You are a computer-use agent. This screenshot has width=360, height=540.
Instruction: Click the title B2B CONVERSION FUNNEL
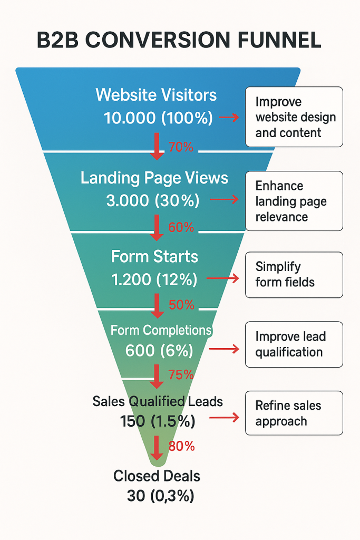click(179, 41)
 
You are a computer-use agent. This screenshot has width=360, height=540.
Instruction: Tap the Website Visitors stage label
click(156, 95)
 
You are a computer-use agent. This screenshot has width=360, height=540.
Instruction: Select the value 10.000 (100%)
click(158, 118)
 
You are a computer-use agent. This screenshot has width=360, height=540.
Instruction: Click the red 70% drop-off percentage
click(181, 148)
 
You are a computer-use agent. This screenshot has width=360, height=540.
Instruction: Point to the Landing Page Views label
click(154, 178)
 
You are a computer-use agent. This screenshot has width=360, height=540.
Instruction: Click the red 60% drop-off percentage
click(181, 228)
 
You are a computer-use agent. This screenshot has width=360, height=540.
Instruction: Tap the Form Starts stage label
click(154, 257)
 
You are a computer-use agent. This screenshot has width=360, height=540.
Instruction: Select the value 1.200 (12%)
click(154, 279)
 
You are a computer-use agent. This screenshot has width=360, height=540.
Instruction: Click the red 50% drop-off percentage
click(181, 305)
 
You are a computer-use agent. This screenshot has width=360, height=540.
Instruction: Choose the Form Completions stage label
click(161, 330)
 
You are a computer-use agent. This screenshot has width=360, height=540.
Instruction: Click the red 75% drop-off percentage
click(181, 375)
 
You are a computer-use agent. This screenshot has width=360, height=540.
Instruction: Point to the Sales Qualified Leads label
click(158, 401)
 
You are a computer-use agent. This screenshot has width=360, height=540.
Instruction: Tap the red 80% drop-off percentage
click(181, 446)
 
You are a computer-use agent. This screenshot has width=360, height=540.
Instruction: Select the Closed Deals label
click(157, 476)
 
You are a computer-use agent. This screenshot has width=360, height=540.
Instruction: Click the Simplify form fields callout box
click(294, 275)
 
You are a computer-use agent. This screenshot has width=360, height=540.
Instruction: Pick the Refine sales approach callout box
click(294, 413)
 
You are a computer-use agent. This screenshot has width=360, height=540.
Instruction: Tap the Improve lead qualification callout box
click(294, 344)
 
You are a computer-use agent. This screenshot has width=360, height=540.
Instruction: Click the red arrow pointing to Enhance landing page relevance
click(224, 199)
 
